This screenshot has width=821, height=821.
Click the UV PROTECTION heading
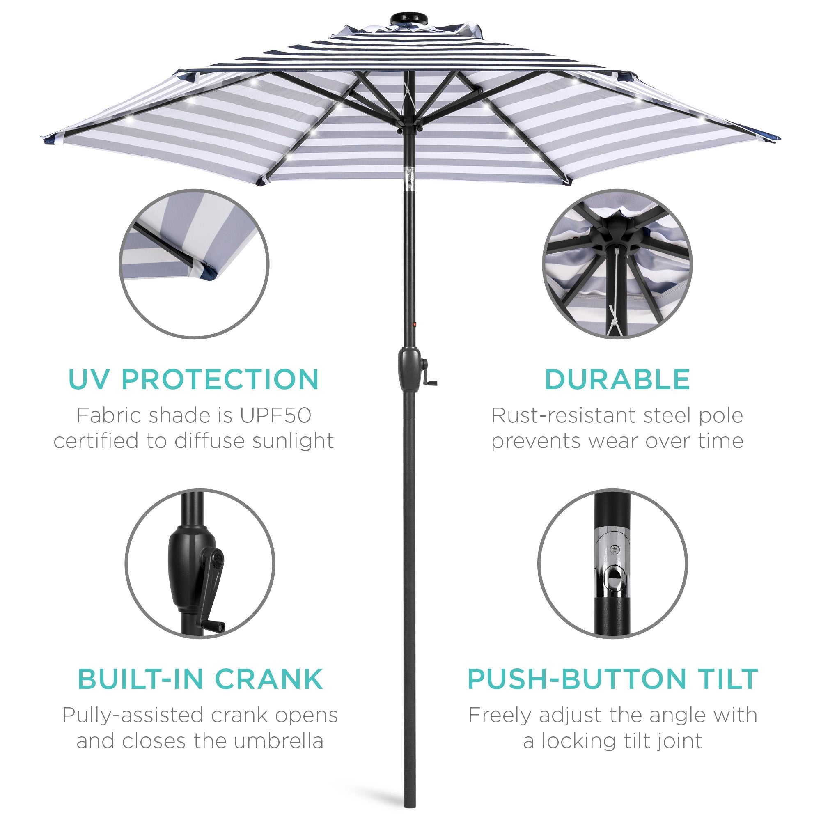(193, 379)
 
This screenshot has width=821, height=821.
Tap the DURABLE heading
(617, 379)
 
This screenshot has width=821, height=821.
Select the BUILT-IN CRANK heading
(200, 679)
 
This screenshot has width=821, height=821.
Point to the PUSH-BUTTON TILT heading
(613, 679)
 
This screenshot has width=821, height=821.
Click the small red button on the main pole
(414, 324)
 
